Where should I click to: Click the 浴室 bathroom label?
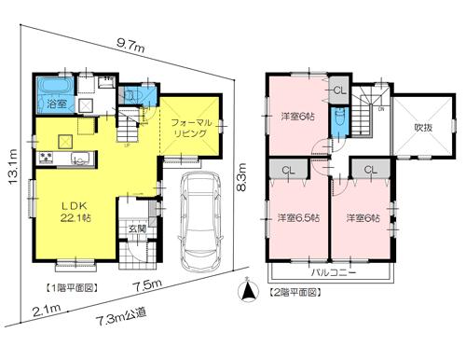coord(44,105)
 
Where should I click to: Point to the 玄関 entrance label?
coord(136,229)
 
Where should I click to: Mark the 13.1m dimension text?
coord(13,167)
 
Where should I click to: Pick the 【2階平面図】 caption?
coord(295,292)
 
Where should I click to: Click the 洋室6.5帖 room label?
coord(296,218)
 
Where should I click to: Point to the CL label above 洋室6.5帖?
coord(288,170)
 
